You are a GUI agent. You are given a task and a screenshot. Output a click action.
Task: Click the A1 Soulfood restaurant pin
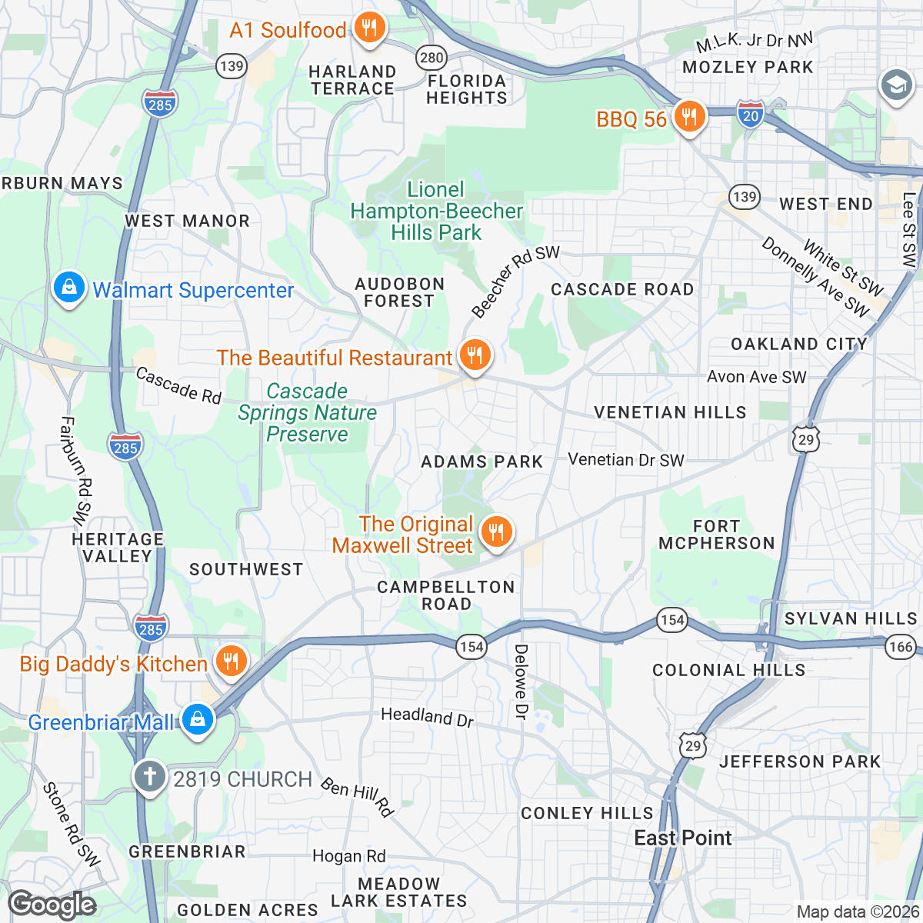pyautogui.click(x=370, y=30)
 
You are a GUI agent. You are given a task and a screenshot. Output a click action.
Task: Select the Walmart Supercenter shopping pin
pyautogui.click(x=69, y=289)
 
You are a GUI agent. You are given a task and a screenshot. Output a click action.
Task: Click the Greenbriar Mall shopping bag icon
pyautogui.click(x=198, y=721)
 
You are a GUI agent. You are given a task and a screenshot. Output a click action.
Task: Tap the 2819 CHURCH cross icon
pyautogui.click(x=150, y=778)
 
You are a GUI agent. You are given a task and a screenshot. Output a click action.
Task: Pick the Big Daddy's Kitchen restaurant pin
pyautogui.click(x=230, y=662)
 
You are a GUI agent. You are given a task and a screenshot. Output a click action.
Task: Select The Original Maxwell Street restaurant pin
pyautogui.click(x=497, y=532)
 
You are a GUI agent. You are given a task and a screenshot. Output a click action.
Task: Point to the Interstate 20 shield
pyautogui.click(x=751, y=114)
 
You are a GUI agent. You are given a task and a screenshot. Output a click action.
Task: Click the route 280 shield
pyautogui.click(x=432, y=57)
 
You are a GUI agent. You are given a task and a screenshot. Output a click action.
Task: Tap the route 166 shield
pyautogui.click(x=900, y=646)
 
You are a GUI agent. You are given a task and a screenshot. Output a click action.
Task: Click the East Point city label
pyautogui.click(x=683, y=838)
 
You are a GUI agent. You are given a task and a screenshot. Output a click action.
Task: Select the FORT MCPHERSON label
pyautogui.click(x=716, y=535)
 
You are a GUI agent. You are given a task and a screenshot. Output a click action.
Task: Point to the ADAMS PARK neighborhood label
pyautogui.click(x=482, y=461)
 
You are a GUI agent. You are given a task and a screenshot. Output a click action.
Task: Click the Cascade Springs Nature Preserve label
pyautogui.click(x=307, y=413)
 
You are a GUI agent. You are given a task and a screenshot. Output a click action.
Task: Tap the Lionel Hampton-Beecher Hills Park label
pyautogui.click(x=436, y=211)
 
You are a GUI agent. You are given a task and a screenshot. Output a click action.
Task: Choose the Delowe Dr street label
pyautogui.click(x=521, y=682)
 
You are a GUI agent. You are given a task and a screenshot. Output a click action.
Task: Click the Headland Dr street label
pyautogui.click(x=428, y=717)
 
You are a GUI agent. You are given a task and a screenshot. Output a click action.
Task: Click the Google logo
pyautogui.click(x=52, y=905)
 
